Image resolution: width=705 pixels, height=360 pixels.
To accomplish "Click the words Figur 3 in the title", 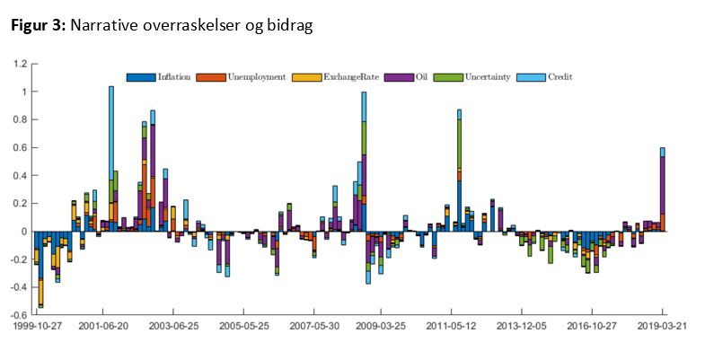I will [38, 26].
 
